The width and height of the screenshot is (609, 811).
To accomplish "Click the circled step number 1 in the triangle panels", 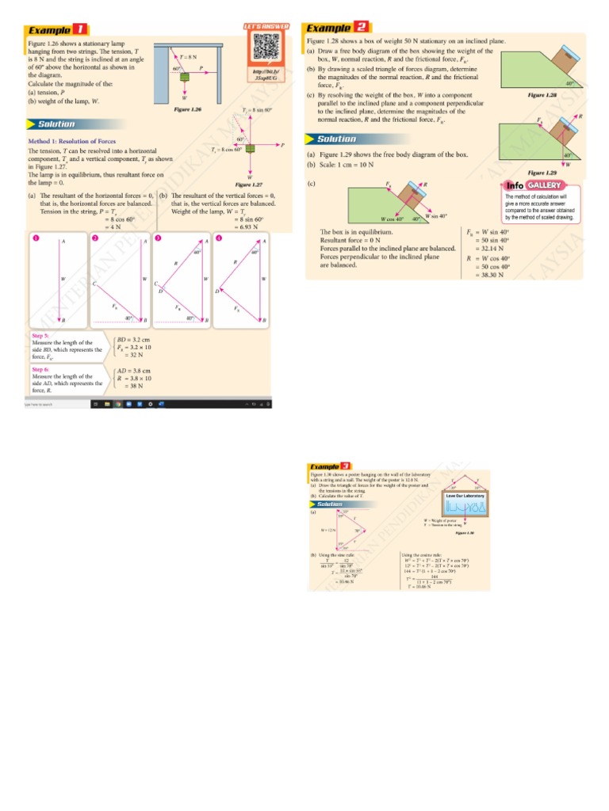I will pos(35,238).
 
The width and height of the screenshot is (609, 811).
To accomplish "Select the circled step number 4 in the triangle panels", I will pos(217,238).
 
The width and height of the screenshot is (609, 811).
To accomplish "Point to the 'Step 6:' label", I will pos(41,369).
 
